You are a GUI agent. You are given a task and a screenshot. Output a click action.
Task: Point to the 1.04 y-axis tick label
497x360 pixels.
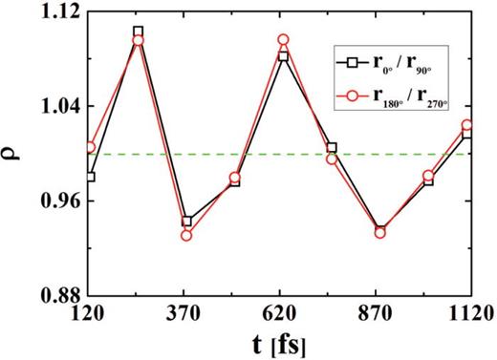pyautogui.click(x=58, y=106)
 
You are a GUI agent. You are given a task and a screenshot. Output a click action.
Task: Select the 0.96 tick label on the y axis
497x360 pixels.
pyautogui.click(x=58, y=201)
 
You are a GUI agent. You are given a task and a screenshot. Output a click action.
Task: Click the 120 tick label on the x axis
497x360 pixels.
pyautogui.click(x=89, y=312)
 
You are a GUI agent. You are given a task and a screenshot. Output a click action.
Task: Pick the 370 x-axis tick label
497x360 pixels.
pyautogui.click(x=184, y=312)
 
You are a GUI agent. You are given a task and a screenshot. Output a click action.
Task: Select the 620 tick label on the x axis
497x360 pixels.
pyautogui.click(x=280, y=312)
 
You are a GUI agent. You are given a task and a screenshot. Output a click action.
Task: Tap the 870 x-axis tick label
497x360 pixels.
pyautogui.click(x=376, y=312)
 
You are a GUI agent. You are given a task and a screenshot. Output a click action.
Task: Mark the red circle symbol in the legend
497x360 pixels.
pyautogui.click(x=352, y=95)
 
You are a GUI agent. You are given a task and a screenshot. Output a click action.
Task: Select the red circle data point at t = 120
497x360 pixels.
pyautogui.click(x=90, y=147)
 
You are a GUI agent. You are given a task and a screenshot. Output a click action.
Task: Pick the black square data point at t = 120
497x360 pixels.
pyautogui.click(x=90, y=177)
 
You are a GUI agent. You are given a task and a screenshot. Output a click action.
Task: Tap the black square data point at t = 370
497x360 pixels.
pyautogui.click(x=186, y=222)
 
